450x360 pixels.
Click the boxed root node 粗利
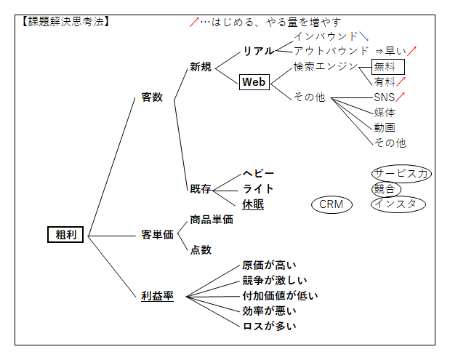65,234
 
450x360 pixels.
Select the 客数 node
152,97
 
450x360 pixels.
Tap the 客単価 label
157,235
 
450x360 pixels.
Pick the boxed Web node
254,82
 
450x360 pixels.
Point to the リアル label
258,51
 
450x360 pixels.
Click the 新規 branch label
201,67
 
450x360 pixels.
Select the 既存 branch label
201,189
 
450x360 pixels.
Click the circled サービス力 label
401,173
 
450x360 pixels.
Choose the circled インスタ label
398,204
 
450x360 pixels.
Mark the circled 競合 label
385,188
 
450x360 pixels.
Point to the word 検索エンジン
326,66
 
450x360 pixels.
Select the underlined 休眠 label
253,204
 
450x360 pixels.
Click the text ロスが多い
270,326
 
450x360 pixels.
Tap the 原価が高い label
270,265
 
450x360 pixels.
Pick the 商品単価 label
212,219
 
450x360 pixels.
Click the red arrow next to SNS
400,96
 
